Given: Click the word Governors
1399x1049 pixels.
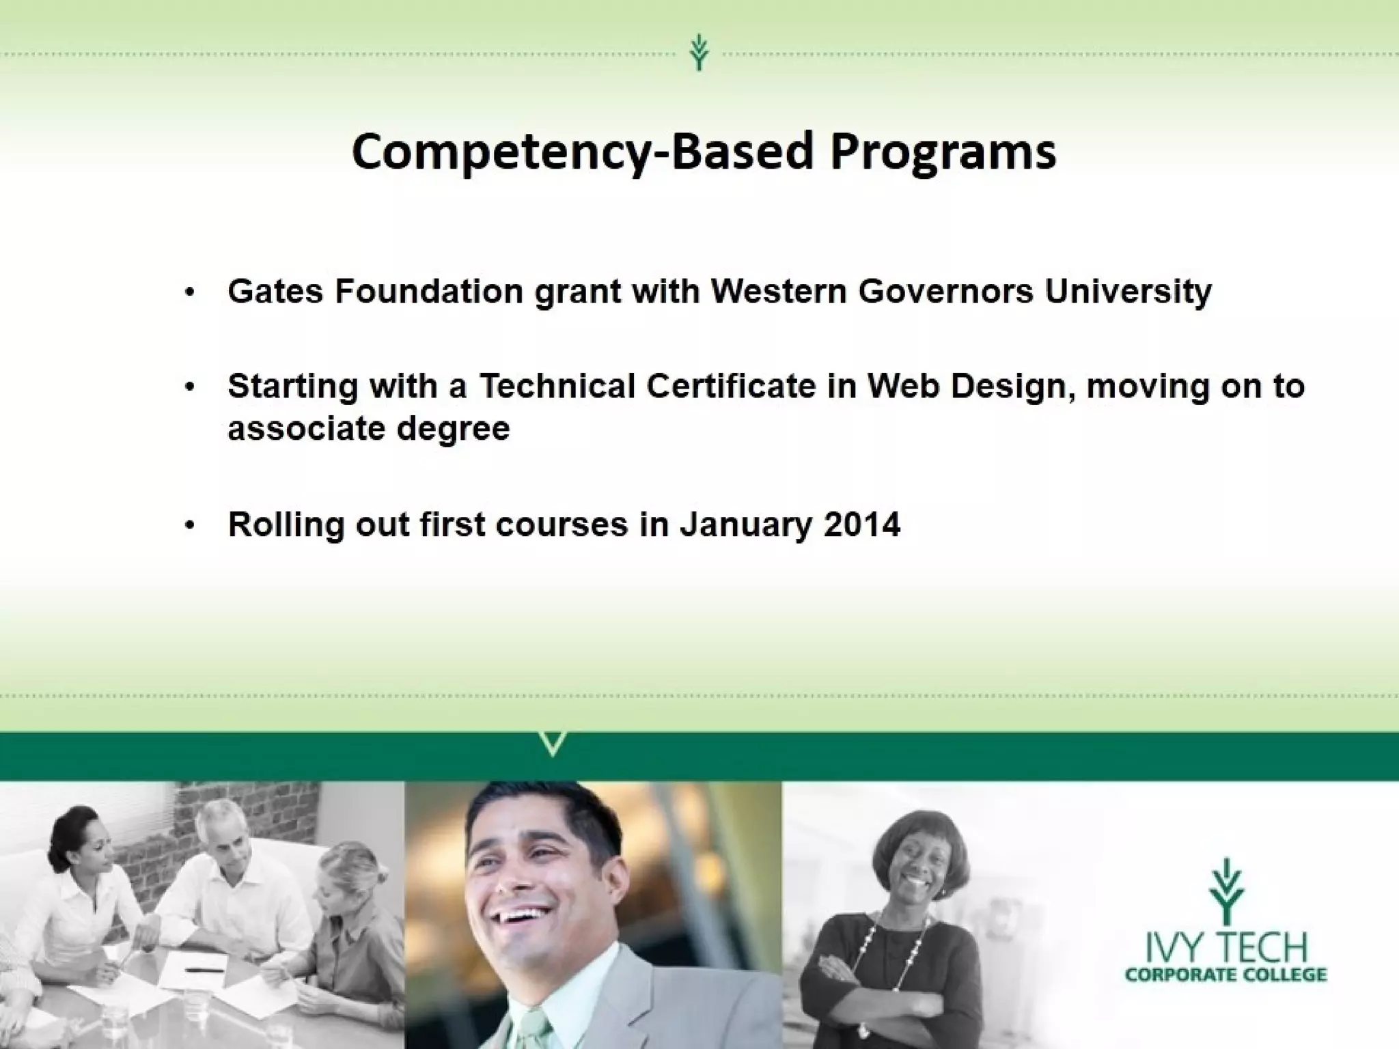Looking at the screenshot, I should (x=945, y=292).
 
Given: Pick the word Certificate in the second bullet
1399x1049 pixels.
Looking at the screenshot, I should (x=731, y=387).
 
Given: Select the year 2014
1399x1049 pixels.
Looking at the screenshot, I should (x=862, y=525).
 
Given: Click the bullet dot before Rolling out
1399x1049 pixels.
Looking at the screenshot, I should (x=190, y=526).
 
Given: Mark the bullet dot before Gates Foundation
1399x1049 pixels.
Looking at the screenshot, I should (x=190, y=293).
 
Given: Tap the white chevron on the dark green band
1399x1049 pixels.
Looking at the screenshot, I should (x=553, y=743).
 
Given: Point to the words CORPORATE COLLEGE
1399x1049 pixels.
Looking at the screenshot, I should (x=1225, y=974).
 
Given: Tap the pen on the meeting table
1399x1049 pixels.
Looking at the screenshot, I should (x=205, y=969).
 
